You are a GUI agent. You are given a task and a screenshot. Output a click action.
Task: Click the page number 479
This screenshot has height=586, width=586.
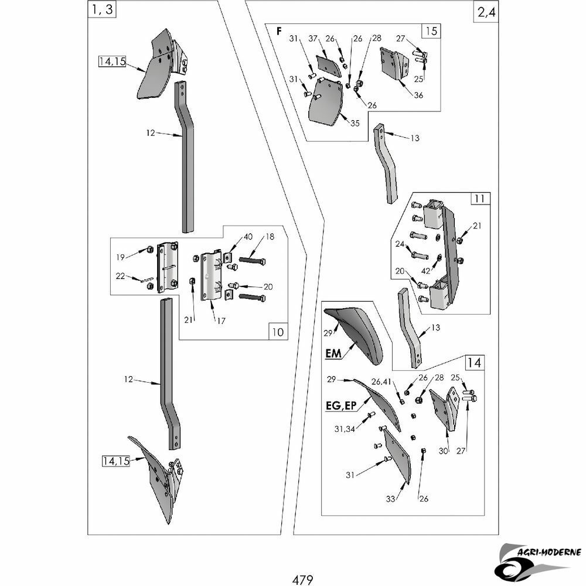point(303,580)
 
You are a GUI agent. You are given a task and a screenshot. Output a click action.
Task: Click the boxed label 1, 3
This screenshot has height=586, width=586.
point(102,9)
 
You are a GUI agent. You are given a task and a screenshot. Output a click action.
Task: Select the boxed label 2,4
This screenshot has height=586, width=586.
point(486,12)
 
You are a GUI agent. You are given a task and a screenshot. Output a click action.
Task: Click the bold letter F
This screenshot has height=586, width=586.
point(279,32)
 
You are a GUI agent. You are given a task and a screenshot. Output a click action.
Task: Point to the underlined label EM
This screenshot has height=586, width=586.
point(333,353)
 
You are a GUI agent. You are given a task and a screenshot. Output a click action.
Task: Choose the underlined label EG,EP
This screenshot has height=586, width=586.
point(341,406)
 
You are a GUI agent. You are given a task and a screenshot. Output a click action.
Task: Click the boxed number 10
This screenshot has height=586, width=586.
point(278,332)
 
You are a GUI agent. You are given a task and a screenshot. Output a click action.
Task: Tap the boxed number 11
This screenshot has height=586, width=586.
point(480,199)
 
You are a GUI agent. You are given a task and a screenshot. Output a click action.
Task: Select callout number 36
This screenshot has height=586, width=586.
point(418,96)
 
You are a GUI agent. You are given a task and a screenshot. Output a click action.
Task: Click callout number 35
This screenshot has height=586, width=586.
point(355,123)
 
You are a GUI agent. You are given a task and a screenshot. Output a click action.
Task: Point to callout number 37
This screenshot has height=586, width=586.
point(313,39)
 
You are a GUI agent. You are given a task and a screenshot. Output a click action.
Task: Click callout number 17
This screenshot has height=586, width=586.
point(222,321)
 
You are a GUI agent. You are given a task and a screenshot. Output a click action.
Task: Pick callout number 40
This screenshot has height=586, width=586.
point(248,237)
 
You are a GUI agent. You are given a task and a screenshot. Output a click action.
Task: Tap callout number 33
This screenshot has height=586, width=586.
point(390,499)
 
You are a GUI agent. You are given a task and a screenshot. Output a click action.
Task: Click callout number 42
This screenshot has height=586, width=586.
point(425,271)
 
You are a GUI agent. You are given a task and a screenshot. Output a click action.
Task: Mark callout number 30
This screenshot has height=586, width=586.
point(443,451)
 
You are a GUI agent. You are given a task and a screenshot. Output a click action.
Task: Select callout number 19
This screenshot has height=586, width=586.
point(120,257)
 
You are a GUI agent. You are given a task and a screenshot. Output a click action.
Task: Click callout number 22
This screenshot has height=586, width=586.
point(120,276)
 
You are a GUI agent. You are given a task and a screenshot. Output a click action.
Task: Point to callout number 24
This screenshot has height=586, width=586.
point(400,244)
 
